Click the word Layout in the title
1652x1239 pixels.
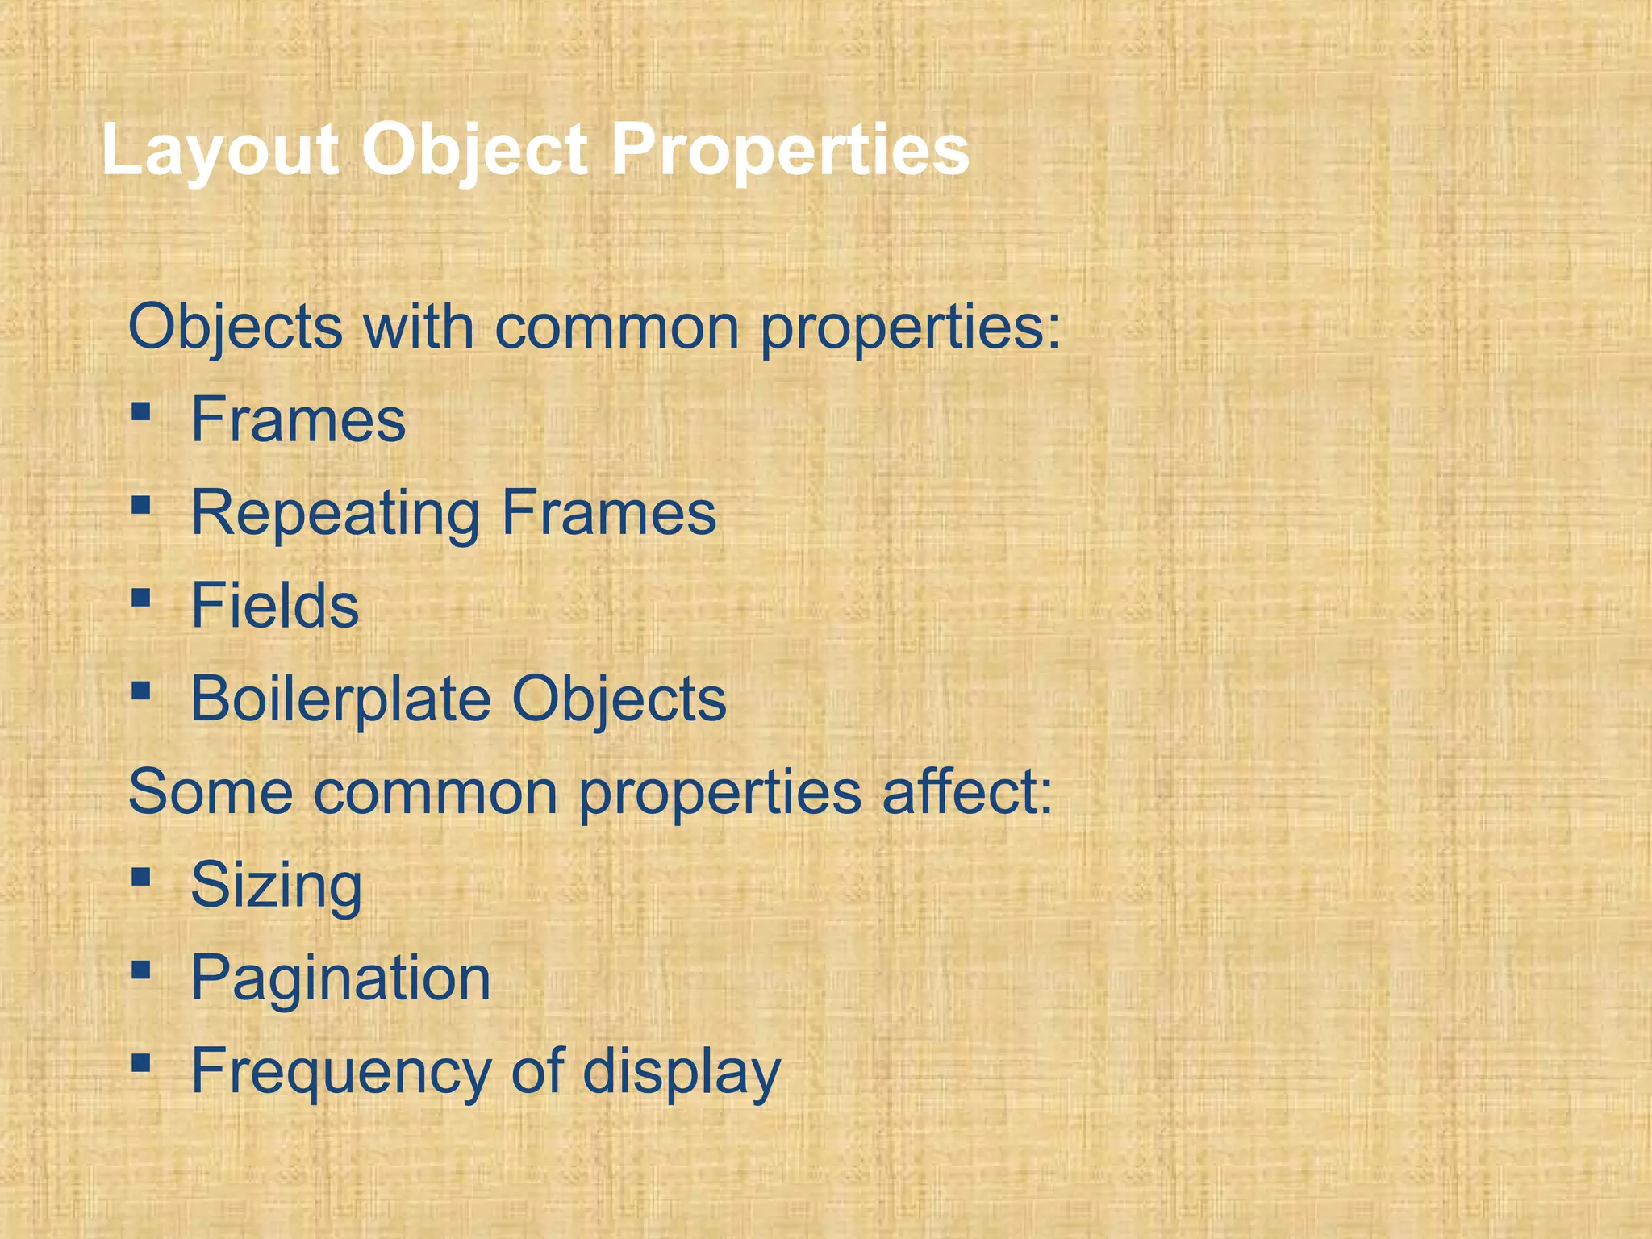[219, 151]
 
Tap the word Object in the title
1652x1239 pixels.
[474, 151]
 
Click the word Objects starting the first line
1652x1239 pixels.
[236, 328]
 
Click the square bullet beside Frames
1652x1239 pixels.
[141, 413]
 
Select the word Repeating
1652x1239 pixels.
[336, 514]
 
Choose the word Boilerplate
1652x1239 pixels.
[340, 699]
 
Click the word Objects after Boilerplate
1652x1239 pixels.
[619, 700]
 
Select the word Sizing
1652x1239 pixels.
[276, 886]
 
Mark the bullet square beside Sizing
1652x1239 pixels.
[141, 877]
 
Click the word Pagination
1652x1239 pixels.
[340, 979]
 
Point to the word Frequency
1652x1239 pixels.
[340, 1072]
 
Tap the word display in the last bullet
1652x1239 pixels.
[682, 1072]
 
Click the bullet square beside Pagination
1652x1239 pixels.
[141, 970]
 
